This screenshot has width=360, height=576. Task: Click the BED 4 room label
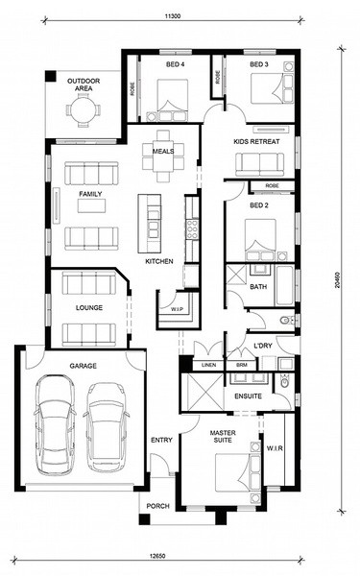(176, 64)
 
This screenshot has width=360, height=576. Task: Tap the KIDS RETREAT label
(256, 141)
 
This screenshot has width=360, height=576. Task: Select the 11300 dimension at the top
(173, 16)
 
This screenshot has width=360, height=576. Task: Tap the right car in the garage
(107, 427)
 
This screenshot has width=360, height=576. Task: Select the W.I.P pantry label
(177, 309)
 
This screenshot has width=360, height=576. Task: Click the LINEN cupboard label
(208, 365)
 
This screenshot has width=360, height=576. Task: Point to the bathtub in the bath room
(285, 285)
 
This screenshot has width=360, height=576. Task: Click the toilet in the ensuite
(285, 381)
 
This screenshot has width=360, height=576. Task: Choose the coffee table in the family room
(91, 205)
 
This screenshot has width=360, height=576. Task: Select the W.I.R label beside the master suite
(275, 448)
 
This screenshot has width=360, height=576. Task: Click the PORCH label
(158, 506)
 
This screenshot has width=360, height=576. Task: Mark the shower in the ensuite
(203, 392)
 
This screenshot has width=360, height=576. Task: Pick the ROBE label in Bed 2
(273, 186)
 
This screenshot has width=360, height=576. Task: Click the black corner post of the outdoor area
(51, 76)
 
